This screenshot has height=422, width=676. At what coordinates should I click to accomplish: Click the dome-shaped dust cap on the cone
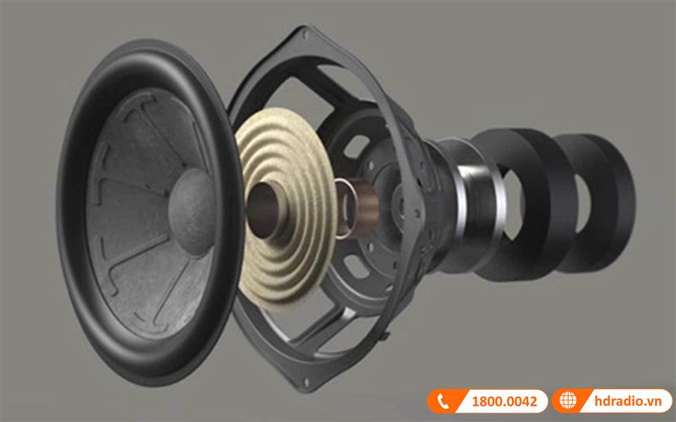(192, 213)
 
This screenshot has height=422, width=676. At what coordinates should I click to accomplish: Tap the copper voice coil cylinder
(360, 208)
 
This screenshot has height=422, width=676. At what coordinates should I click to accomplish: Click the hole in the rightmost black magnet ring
(583, 203)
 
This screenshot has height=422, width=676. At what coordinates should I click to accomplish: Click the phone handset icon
(443, 402)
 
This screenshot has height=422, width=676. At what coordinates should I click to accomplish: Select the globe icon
(567, 401)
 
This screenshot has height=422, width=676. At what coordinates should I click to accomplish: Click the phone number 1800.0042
(504, 402)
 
